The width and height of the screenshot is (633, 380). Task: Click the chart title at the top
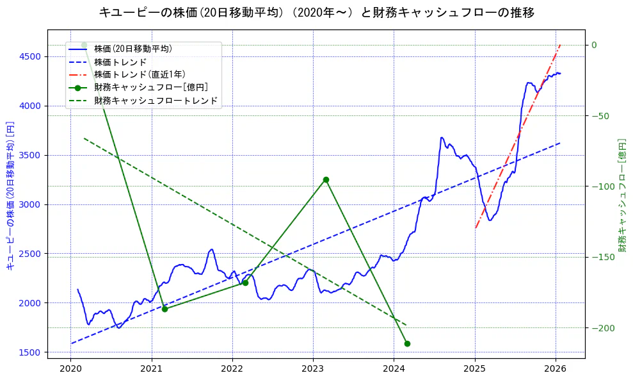[x=316, y=12]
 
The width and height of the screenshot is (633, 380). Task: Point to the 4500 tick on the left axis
[x=29, y=56]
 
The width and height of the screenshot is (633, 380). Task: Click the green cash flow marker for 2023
[x=326, y=180]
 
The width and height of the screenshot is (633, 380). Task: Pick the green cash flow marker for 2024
[x=407, y=344]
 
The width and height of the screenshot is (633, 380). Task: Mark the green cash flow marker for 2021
[x=164, y=309]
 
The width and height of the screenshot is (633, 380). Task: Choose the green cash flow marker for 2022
[x=245, y=283]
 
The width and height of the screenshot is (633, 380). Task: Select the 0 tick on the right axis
[x=594, y=45]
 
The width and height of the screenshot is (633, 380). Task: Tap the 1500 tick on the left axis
[x=29, y=352]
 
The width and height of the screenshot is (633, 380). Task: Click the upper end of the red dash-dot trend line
[x=560, y=45]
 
